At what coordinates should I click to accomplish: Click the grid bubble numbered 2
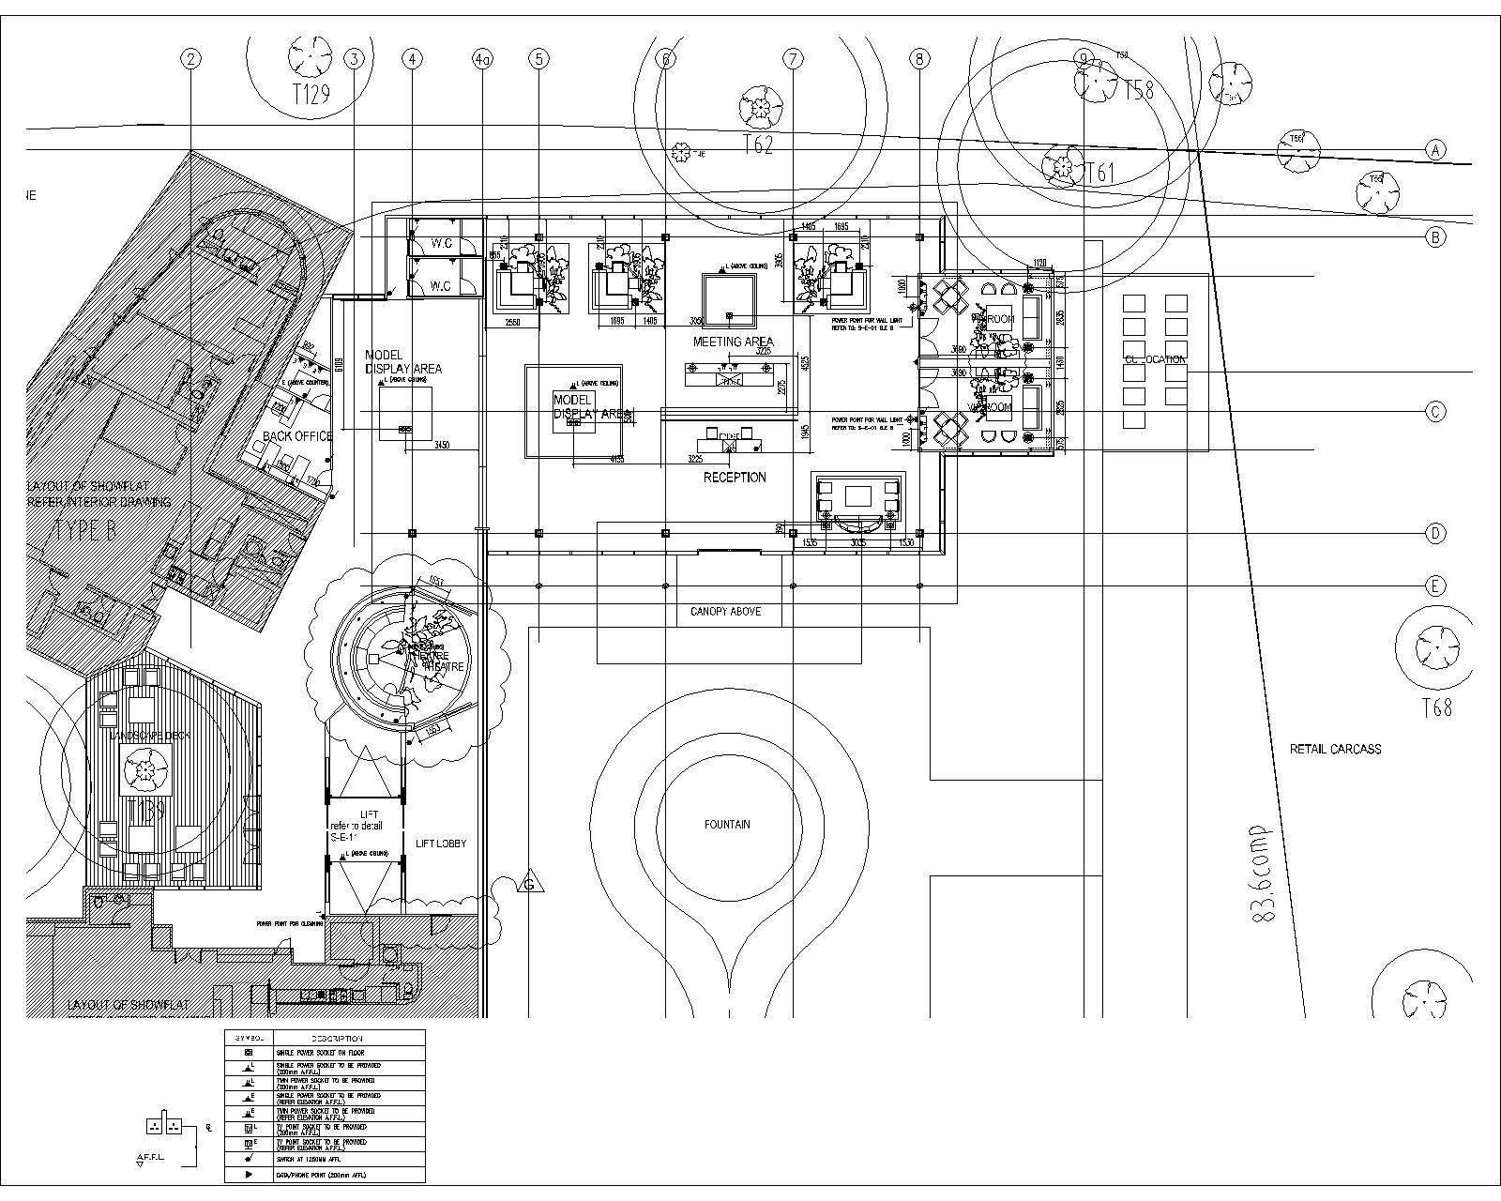point(191,59)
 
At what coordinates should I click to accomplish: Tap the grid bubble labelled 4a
point(482,59)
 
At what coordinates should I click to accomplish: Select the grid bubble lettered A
point(1435,149)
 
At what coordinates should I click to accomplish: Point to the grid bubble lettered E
point(1435,586)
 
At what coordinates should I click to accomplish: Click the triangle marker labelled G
point(530,884)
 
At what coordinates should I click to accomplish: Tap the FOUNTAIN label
point(727,825)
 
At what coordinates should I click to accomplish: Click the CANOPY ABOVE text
point(725,612)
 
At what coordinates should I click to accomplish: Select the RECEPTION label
point(735,478)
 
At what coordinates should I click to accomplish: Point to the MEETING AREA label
point(733,342)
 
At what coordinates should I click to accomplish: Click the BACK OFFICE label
point(296,436)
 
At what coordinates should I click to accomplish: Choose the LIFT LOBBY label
point(440,844)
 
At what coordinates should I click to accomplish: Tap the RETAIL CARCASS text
point(1335,749)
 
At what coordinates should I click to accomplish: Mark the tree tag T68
point(1436,707)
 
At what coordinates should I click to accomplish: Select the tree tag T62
point(757,145)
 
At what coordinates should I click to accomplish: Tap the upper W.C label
point(441,244)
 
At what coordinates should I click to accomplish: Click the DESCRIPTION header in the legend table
point(337,1039)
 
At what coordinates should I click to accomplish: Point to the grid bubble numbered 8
point(919,59)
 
